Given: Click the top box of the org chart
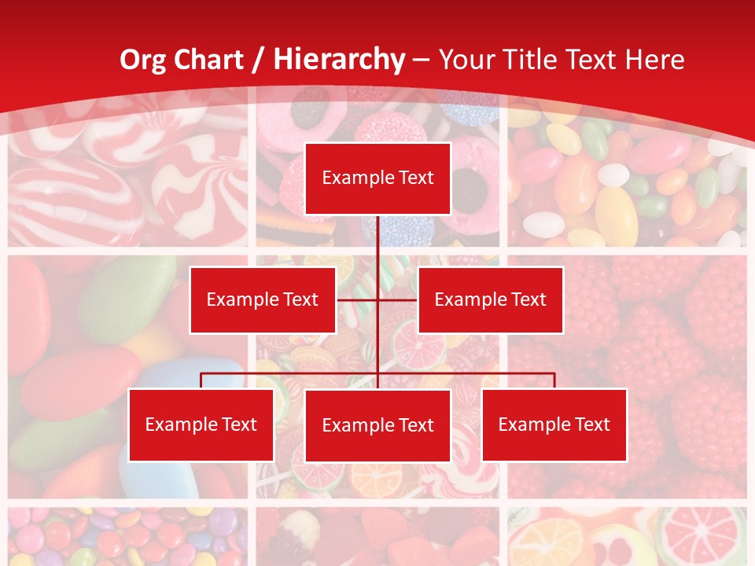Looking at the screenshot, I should click(x=377, y=178).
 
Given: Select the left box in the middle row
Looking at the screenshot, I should click(x=262, y=300).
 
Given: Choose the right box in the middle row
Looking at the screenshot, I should click(x=490, y=300).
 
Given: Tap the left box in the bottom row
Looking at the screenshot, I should click(x=201, y=424).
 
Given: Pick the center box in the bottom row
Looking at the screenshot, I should click(x=377, y=425).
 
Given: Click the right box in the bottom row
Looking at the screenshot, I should click(x=554, y=424).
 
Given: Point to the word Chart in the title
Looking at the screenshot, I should click(x=206, y=60).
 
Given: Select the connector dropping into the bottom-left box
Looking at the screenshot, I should click(x=201, y=380).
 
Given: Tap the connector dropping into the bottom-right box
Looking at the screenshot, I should click(x=554, y=380).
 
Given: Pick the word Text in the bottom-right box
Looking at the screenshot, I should click(x=591, y=424).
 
